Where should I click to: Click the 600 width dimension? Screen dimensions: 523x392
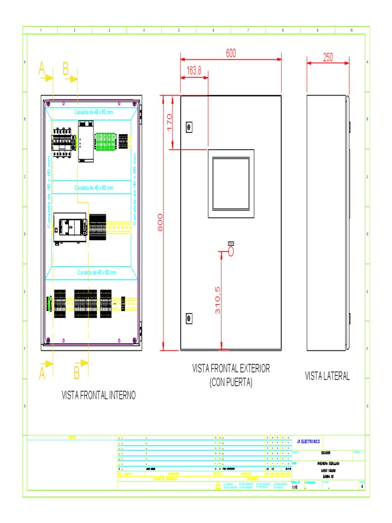coord(230,53)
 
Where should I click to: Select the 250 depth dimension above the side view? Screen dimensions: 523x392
coord(328,58)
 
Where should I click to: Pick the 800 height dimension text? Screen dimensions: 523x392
coord(160,222)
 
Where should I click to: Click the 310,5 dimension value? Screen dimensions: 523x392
coord(217,300)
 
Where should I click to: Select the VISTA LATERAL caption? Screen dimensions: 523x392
coord(327,376)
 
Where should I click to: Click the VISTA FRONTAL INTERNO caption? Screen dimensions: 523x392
coord(99,395)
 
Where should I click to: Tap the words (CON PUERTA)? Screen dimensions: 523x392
coord(231,382)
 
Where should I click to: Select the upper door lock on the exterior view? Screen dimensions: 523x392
coord(189,126)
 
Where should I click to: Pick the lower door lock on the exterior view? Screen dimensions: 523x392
coord(189,318)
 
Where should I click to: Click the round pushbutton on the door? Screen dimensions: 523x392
coord(230,251)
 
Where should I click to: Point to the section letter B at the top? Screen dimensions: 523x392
coord(66,69)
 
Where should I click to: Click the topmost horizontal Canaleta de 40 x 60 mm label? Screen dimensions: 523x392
coord(94,112)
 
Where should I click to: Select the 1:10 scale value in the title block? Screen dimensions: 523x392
coord(295,487)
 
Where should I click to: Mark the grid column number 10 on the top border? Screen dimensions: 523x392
coord(351,31)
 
